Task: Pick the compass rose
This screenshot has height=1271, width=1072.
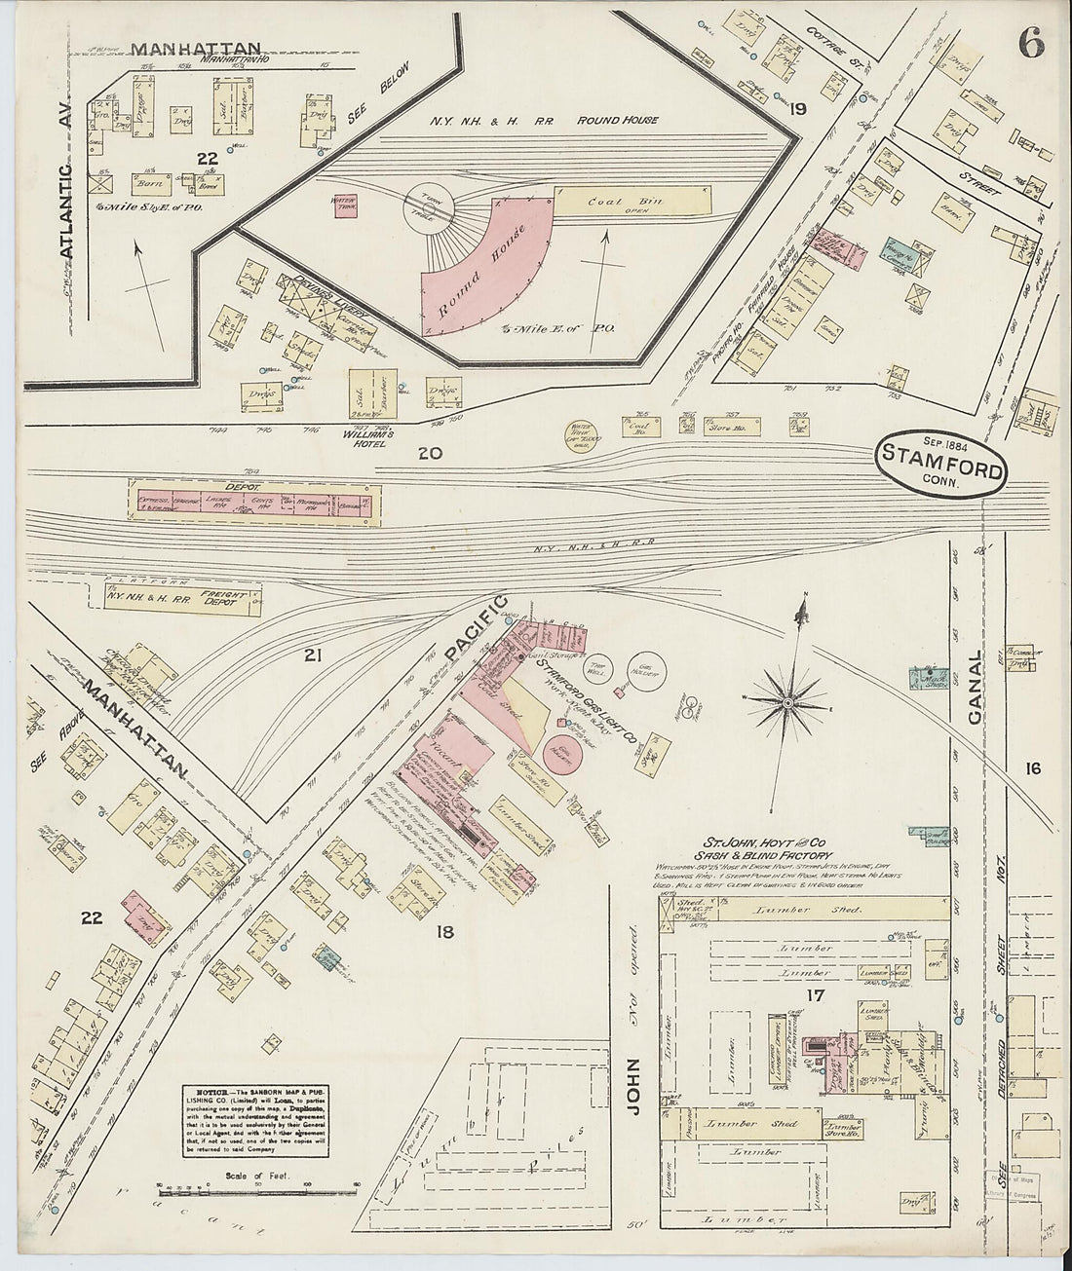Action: (787, 699)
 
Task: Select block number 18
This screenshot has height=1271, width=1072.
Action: (446, 933)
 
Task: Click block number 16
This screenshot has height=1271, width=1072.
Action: (1033, 768)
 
